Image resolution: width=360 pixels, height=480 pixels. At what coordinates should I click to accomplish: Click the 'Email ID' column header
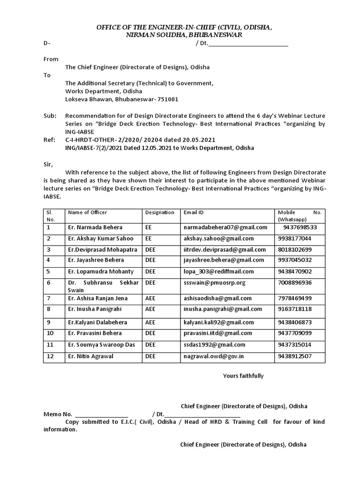[x=193, y=212]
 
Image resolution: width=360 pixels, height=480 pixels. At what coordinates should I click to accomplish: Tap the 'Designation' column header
[x=159, y=212]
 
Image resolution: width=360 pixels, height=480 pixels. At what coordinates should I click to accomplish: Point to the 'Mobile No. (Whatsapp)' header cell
[x=300, y=216]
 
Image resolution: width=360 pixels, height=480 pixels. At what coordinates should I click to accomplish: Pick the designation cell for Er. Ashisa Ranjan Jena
[x=150, y=298]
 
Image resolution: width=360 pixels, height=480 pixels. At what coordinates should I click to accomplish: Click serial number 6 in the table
[x=48, y=283]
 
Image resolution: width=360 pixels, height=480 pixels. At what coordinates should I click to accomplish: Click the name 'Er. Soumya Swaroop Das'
[x=101, y=345]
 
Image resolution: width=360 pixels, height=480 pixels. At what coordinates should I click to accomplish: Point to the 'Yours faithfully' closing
[x=243, y=376]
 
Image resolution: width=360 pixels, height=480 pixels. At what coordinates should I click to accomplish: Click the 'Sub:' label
[x=50, y=116]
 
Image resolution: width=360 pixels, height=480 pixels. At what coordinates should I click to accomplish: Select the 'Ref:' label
[x=50, y=140]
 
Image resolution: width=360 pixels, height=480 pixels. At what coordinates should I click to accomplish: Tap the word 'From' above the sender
[x=51, y=59]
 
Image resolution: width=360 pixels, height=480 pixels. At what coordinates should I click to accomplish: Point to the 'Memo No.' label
[x=58, y=414]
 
